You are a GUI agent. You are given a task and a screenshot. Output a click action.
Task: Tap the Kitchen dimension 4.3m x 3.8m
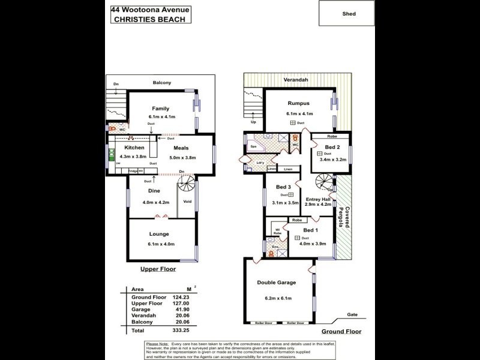pyautogui.click(x=133, y=158)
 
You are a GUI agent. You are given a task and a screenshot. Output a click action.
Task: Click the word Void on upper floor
pyautogui.click(x=187, y=202)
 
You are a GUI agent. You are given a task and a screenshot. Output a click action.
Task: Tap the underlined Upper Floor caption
pyautogui.click(x=158, y=269)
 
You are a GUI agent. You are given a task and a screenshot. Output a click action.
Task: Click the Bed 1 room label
pyautogui.click(x=311, y=230)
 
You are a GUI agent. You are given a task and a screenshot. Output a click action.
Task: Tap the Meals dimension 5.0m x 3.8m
pyautogui.click(x=181, y=158)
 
